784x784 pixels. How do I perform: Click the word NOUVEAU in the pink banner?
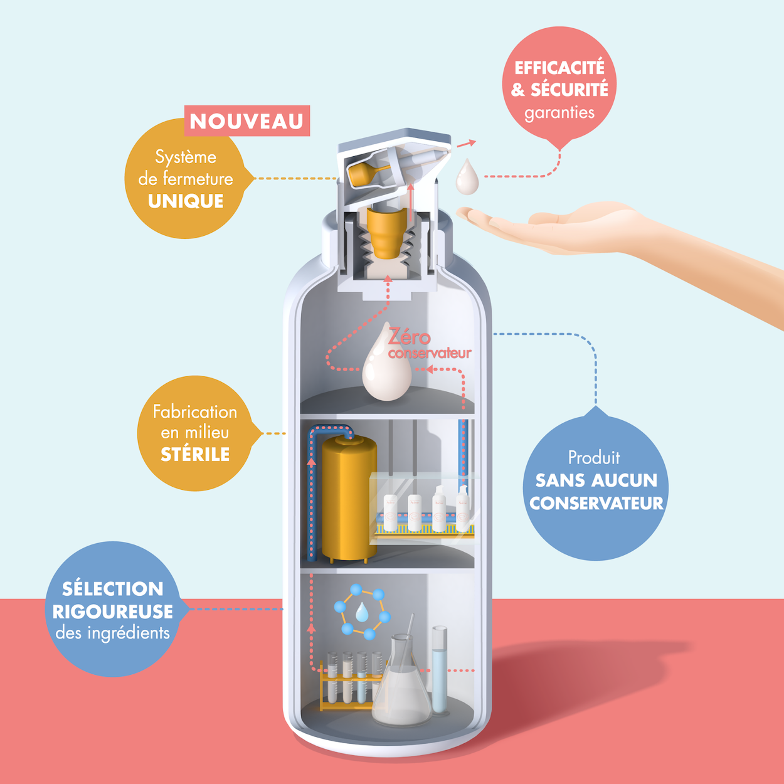click(x=246, y=121)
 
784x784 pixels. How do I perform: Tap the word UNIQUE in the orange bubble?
click(x=186, y=201)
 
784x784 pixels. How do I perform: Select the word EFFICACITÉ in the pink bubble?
click(x=559, y=68)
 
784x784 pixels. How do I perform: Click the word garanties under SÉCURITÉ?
click(x=559, y=113)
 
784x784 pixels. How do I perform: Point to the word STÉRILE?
click(x=195, y=454)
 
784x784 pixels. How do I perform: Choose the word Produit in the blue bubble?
click(x=593, y=457)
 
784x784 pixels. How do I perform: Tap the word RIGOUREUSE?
click(x=113, y=612)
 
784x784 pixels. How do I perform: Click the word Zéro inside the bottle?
click(x=409, y=337)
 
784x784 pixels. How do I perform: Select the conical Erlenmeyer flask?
click(x=401, y=687)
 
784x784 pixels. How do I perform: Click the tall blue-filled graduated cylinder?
click(x=440, y=671)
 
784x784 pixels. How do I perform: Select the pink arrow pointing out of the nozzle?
click(x=465, y=144)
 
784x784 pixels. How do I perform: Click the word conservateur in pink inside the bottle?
click(x=430, y=354)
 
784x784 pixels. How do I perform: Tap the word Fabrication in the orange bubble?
click(x=195, y=412)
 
